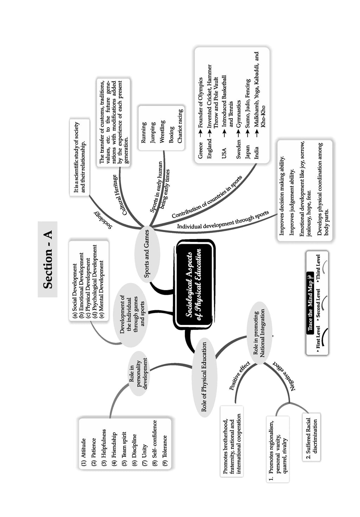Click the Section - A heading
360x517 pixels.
(48, 259)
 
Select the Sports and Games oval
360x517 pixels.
(147, 254)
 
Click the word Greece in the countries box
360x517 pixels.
(200, 151)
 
